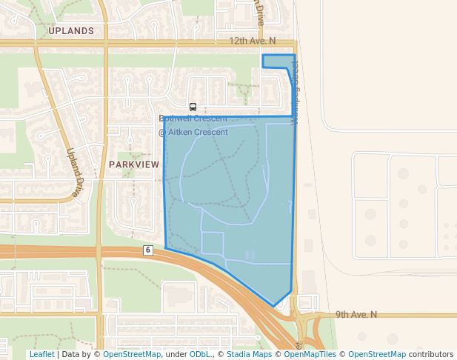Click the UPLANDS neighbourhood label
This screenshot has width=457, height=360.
coord(71,31)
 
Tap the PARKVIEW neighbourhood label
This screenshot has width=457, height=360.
coord(133,164)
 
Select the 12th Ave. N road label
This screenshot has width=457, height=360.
coord(252,41)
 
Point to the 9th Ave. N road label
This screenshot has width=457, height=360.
coord(356,314)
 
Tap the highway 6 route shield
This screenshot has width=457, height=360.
coord(148,250)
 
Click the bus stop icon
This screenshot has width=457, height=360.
coord(193,107)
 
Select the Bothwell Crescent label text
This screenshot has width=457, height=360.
coord(193,119)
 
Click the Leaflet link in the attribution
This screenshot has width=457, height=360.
coord(41,354)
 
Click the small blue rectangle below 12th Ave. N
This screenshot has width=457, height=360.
coord(278,61)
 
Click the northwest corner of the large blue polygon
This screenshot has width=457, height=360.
coord(164,117)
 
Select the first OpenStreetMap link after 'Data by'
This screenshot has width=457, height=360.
coord(132,354)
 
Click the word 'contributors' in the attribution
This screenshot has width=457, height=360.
coord(431,354)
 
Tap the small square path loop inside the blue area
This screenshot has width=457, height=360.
coord(212,243)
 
